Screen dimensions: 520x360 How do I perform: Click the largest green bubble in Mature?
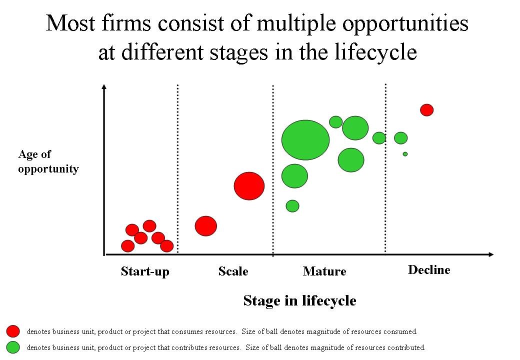click(x=305, y=140)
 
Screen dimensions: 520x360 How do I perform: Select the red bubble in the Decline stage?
click(x=427, y=109)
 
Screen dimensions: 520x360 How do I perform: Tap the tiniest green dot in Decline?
click(x=405, y=154)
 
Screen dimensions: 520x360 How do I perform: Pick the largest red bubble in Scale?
click(x=249, y=186)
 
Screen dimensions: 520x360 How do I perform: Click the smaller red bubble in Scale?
click(x=206, y=226)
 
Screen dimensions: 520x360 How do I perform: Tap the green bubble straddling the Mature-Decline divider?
click(x=379, y=138)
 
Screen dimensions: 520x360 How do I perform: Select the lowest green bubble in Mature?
click(x=292, y=206)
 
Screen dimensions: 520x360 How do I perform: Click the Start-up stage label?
click(x=145, y=271)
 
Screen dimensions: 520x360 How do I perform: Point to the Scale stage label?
click(x=233, y=271)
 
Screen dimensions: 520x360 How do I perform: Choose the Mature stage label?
click(x=324, y=271)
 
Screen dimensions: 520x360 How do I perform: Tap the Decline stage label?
click(x=429, y=270)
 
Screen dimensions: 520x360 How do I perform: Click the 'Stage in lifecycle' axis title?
click(x=300, y=300)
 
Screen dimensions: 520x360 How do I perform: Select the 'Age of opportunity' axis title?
click(x=48, y=161)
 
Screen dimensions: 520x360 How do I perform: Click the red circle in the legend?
click(x=13, y=331)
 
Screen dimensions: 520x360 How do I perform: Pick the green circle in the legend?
click(x=13, y=347)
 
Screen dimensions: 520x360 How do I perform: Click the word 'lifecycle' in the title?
click(x=375, y=52)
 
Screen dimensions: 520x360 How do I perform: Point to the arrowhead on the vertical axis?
click(x=104, y=86)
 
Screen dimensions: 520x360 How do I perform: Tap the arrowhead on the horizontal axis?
click(x=491, y=254)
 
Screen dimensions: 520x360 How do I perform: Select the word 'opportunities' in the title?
click(x=405, y=23)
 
